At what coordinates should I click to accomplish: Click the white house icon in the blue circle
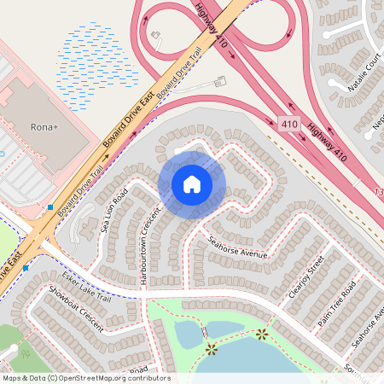coord(192,184)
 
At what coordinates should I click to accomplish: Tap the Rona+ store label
coord(43,128)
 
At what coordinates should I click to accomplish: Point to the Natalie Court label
coord(364,74)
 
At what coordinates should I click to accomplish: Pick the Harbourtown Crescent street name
coord(151,246)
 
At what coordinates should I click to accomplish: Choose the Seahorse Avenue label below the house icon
coord(238,247)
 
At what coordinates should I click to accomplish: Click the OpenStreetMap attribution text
coord(85,378)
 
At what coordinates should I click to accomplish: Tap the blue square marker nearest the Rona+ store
coord(51,207)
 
